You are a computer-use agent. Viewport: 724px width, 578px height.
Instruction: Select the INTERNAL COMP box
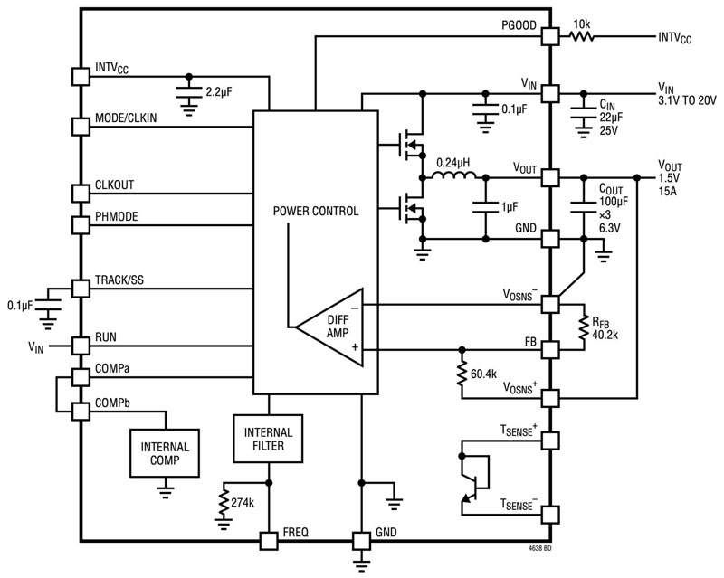[x=165, y=454]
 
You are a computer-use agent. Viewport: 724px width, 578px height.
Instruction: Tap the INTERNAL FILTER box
[x=269, y=441]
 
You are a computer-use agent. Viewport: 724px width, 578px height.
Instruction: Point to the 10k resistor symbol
[x=581, y=37]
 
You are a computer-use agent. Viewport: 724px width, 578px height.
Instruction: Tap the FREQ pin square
[x=269, y=540]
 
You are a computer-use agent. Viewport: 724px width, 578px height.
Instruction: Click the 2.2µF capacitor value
[x=224, y=92]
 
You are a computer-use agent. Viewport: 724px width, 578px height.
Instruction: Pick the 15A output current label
[x=669, y=193]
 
